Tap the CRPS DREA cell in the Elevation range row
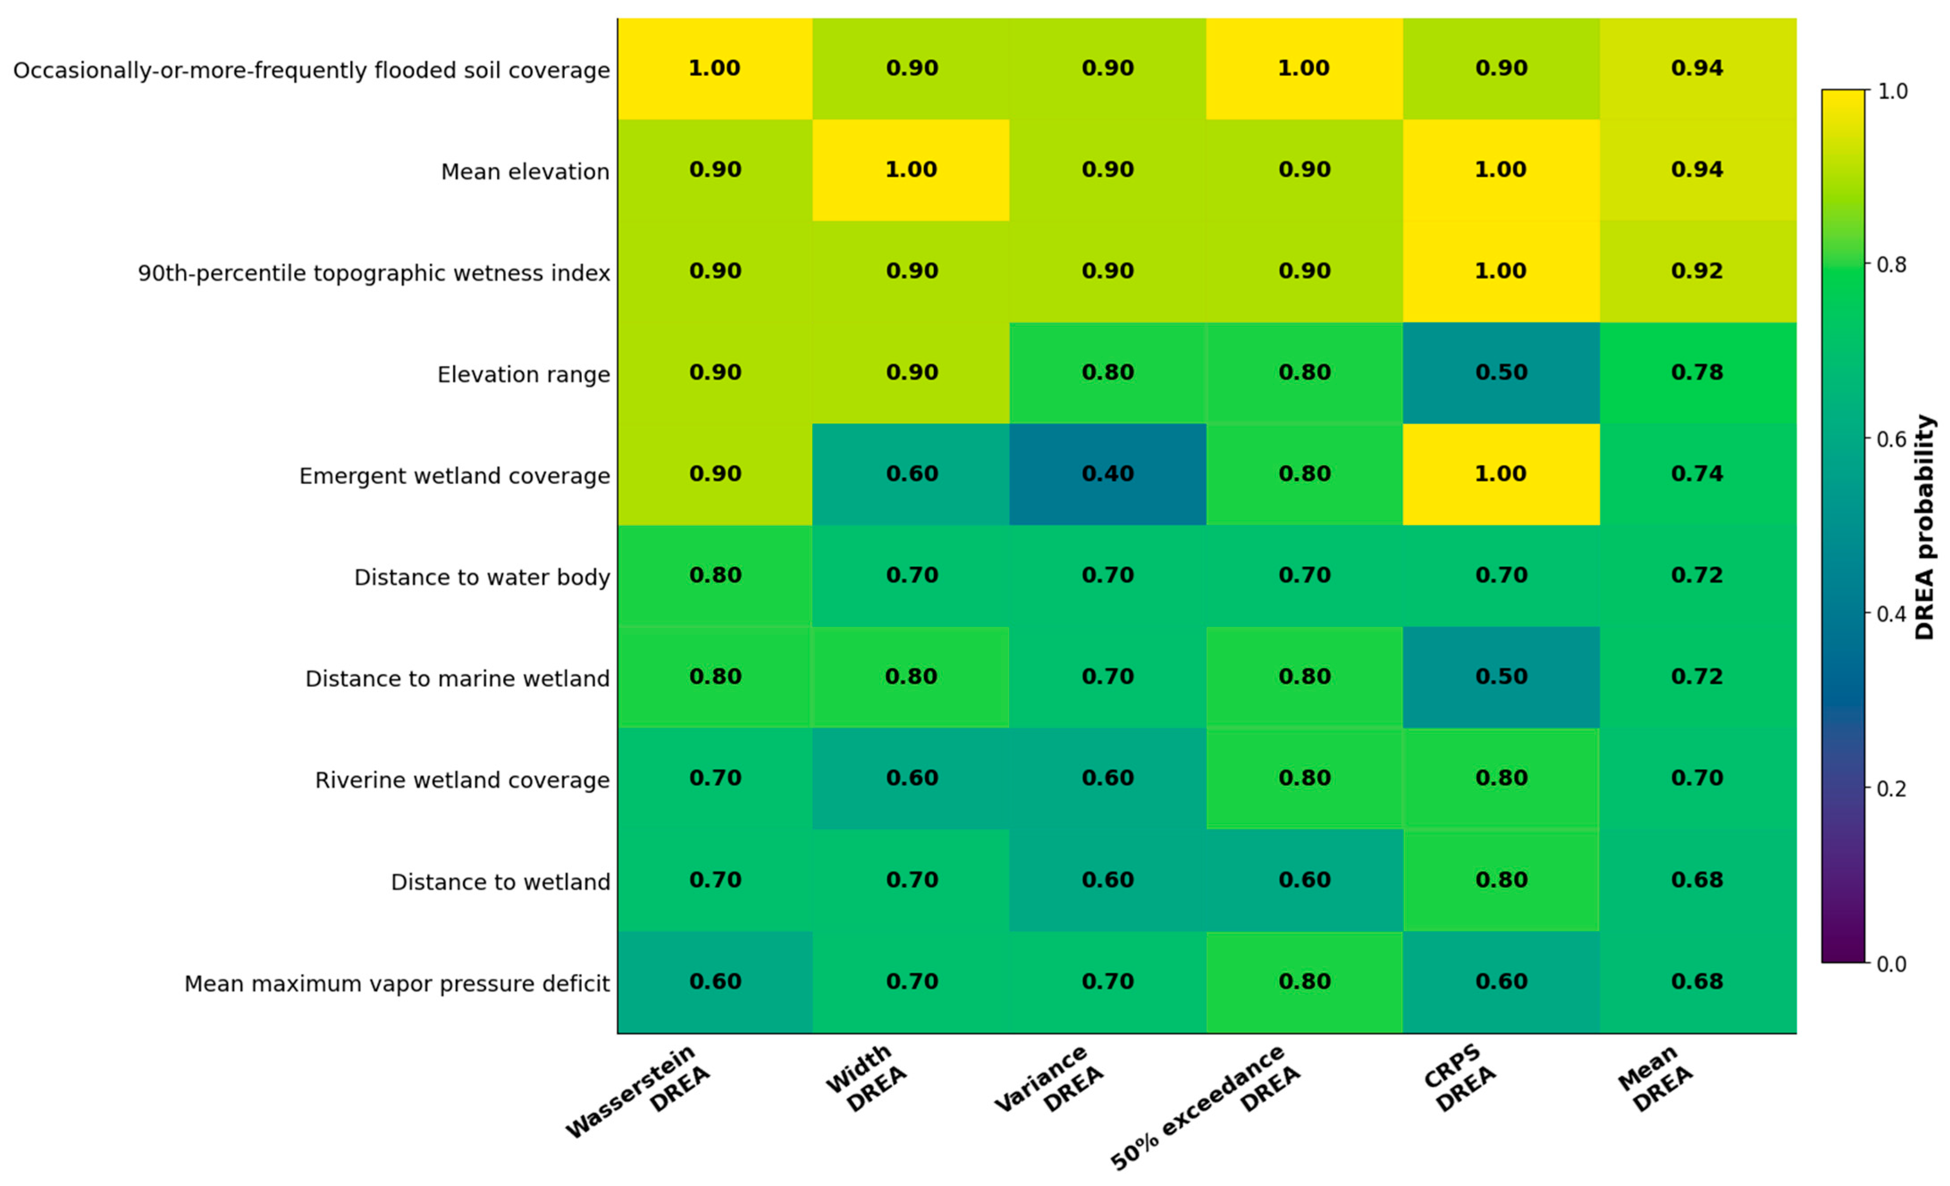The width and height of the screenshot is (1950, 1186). tap(1501, 373)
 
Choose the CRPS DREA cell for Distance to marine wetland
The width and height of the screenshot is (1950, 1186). tap(1501, 677)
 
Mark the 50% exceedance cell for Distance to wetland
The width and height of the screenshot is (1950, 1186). tap(1304, 880)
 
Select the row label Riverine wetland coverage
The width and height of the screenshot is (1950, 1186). tap(462, 780)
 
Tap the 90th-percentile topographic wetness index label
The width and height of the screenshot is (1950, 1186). tap(374, 273)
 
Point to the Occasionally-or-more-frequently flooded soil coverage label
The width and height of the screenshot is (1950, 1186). tap(311, 71)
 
